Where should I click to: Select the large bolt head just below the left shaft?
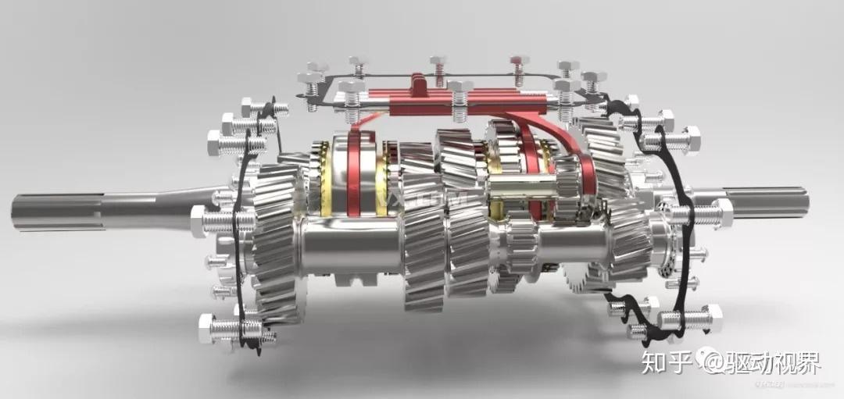tap(202, 222)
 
